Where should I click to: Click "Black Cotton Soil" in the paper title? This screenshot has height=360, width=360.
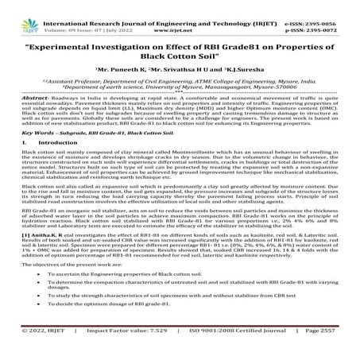point(179,56)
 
